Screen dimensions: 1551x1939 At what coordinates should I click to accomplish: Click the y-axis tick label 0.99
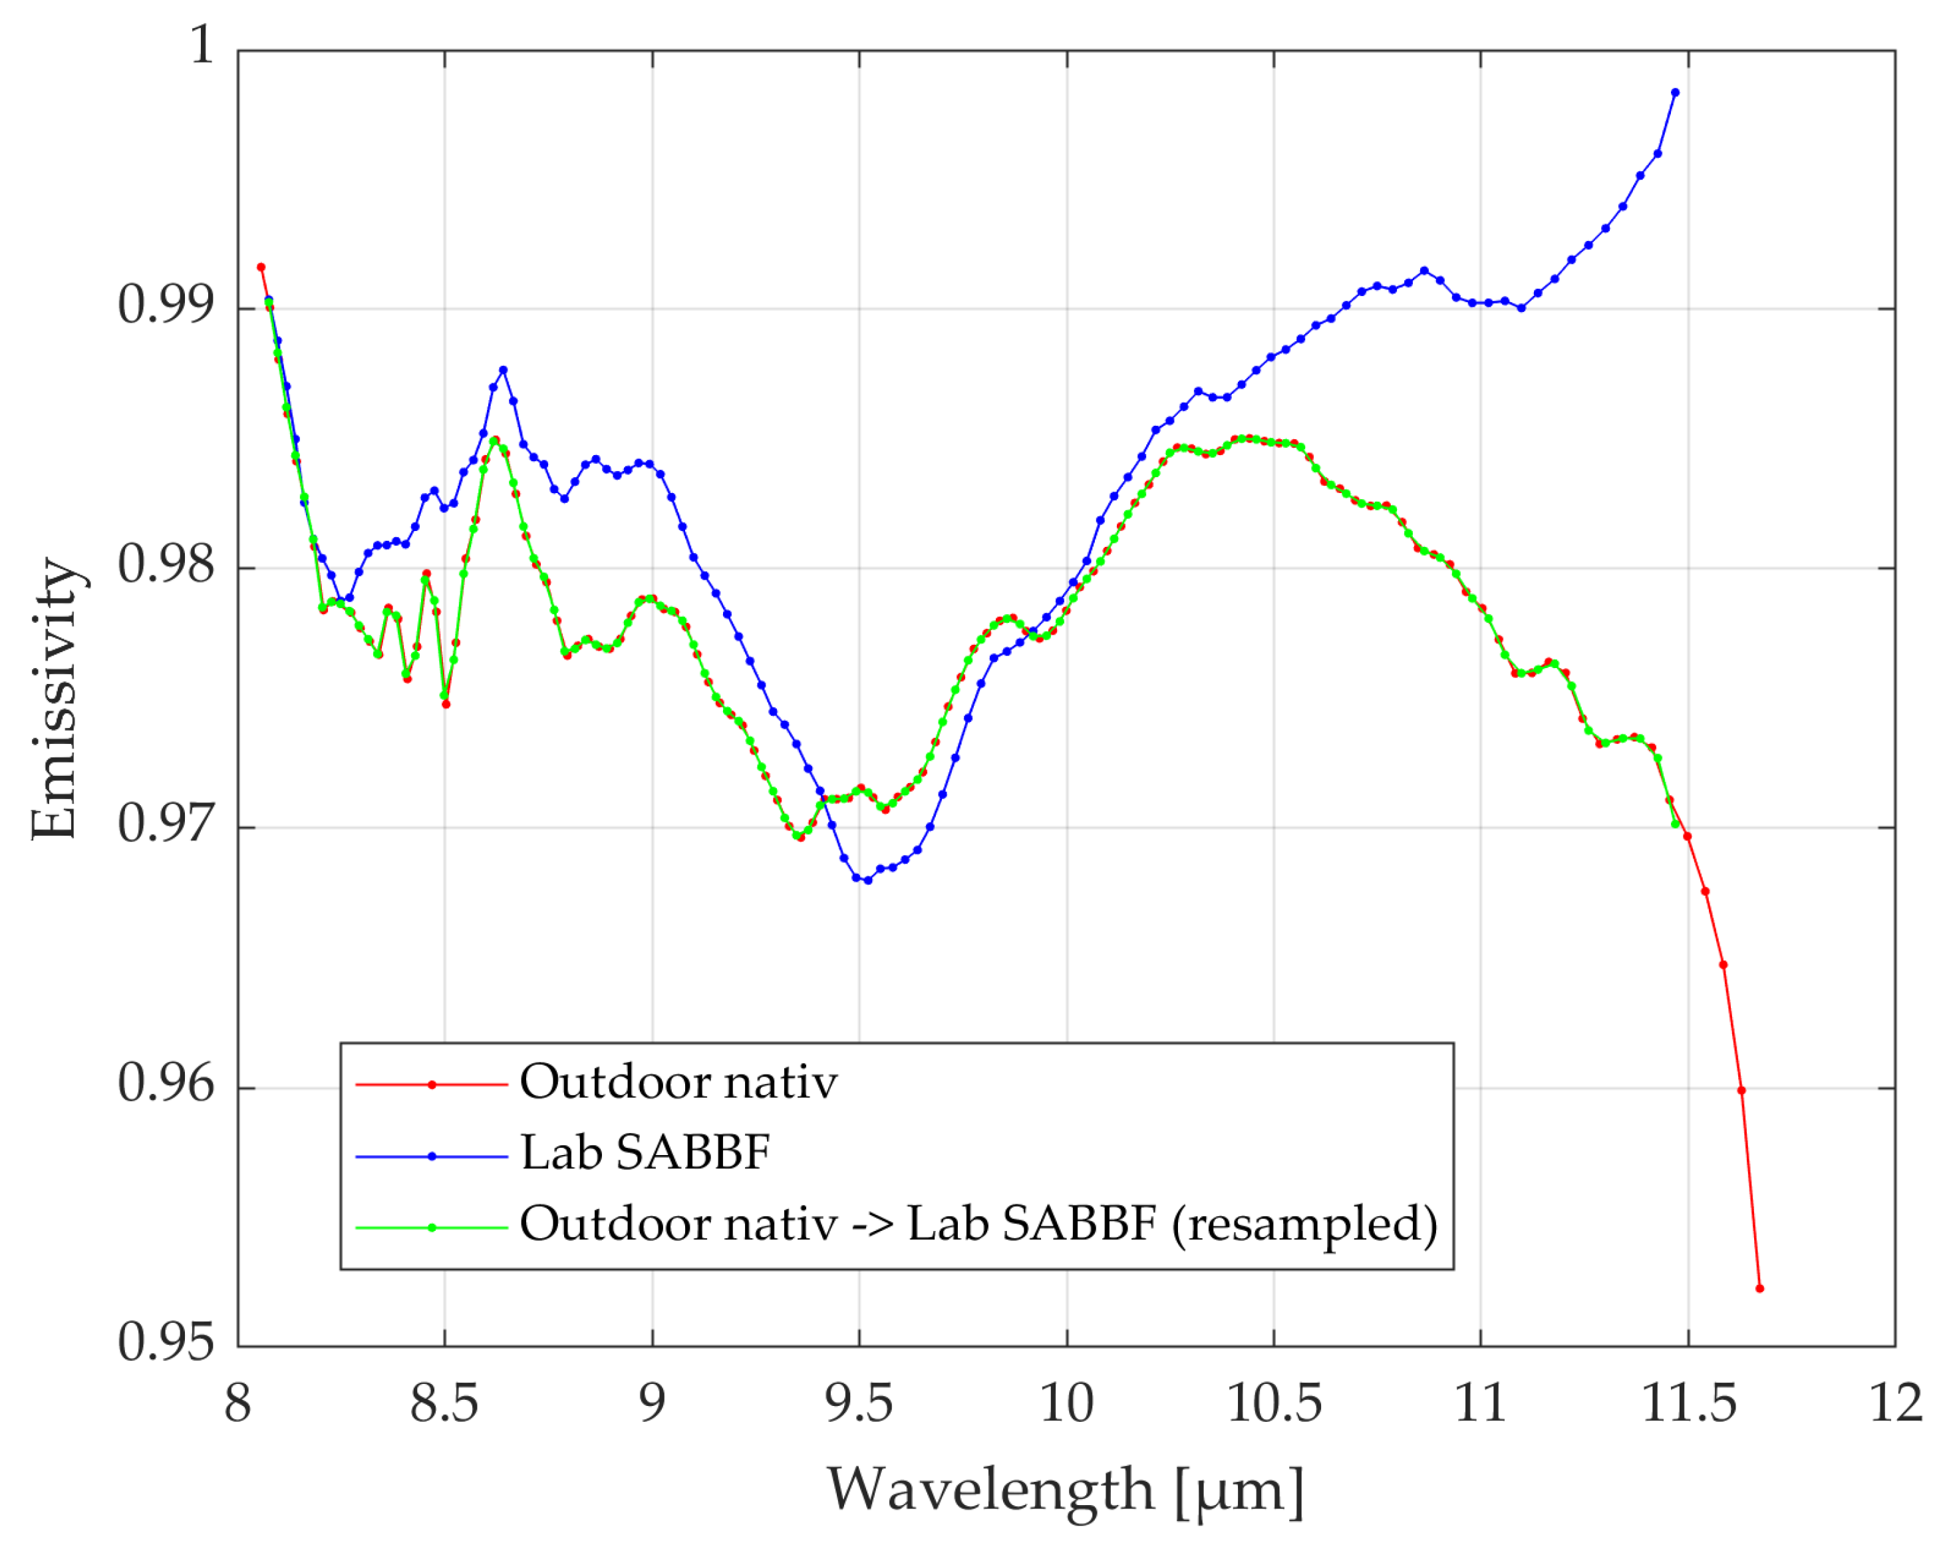click(x=166, y=305)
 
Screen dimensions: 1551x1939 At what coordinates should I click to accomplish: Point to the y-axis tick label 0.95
click(x=166, y=1341)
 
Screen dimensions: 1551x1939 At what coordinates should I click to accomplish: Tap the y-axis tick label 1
click(x=202, y=43)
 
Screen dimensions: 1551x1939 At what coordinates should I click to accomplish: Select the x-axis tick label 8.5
click(x=444, y=1403)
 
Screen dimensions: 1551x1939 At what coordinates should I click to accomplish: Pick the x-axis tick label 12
click(x=1895, y=1403)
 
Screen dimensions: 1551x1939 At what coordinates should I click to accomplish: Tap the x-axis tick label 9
click(x=652, y=1403)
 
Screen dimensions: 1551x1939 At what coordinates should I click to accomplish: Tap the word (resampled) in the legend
click(x=1304, y=1224)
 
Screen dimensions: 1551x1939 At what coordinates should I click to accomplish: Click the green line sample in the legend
click(x=432, y=1227)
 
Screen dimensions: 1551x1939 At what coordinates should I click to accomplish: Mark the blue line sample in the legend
click(x=432, y=1156)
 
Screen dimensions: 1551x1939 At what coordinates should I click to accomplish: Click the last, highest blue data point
click(x=1675, y=92)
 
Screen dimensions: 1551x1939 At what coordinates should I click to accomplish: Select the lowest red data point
click(x=1760, y=1288)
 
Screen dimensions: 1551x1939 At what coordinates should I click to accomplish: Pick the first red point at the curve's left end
click(x=261, y=267)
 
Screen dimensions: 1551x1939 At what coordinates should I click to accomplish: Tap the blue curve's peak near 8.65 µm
click(x=504, y=370)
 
